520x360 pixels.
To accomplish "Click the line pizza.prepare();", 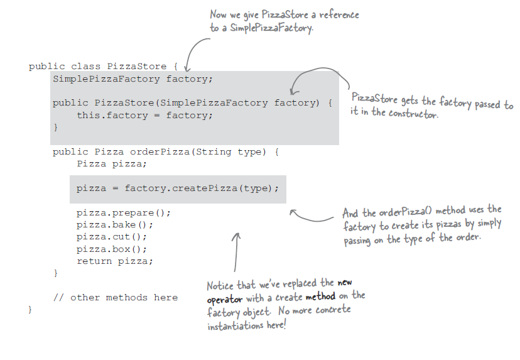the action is coord(123,212).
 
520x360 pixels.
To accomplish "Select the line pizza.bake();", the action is coord(114,224).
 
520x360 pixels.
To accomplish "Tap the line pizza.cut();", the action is coord(111,237).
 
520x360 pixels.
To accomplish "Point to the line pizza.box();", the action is coord(111,249).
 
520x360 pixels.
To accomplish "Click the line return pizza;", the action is coord(114,261).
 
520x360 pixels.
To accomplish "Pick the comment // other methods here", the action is coord(116,297).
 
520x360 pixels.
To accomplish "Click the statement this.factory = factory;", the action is coord(144,115).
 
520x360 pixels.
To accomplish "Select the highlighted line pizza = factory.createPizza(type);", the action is coord(177,188).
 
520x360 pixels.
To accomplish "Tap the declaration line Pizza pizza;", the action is coord(111,163).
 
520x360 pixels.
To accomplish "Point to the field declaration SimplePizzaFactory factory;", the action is coord(133,79).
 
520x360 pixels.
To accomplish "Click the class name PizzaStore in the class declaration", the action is coord(136,67).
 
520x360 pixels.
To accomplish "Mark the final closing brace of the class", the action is coord(30,310).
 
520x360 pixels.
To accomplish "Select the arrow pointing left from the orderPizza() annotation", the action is coord(311,216).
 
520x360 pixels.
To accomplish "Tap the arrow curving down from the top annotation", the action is coord(195,50).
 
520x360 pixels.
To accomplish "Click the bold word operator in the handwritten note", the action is coord(224,299).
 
